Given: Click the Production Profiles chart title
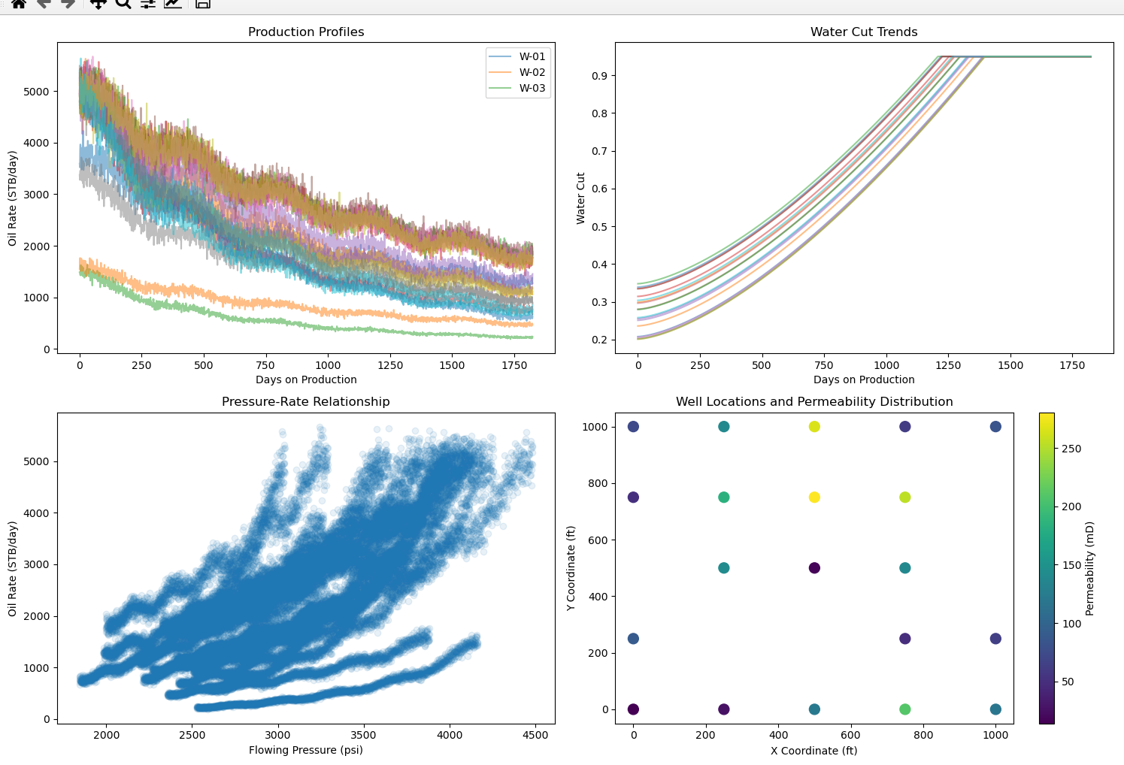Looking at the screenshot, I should click(x=306, y=32).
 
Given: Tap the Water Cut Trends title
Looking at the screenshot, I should click(x=864, y=32).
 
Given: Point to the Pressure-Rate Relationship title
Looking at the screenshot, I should click(x=306, y=401).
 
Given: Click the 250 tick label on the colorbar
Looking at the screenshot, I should click(x=1071, y=449).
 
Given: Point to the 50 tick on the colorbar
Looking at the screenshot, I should click(x=1068, y=682).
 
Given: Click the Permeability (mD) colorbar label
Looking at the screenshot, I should click(x=1089, y=568).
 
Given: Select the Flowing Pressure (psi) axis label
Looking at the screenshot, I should click(x=306, y=749).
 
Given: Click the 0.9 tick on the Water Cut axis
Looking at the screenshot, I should click(x=599, y=76).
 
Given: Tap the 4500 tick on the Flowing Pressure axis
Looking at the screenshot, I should click(x=535, y=735).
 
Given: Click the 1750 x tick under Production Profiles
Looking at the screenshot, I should click(x=514, y=365).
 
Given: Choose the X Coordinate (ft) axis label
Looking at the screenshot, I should click(x=813, y=750).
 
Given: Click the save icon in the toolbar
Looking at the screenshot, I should click(x=202, y=3).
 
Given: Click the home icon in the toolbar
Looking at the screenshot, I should click(x=19, y=3).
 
